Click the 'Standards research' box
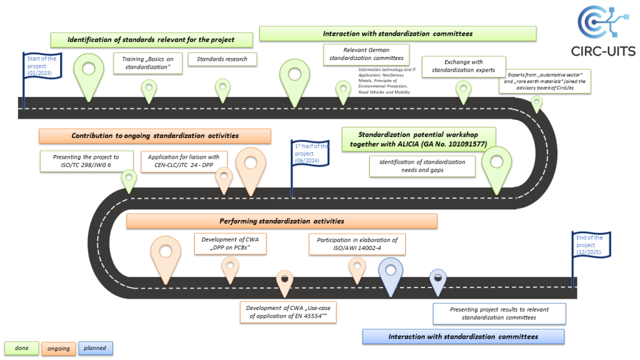222,59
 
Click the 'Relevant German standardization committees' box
366,54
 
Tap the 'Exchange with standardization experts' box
463,66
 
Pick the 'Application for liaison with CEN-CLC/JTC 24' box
184,161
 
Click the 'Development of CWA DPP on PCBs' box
231,244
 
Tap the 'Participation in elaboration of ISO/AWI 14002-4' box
357,244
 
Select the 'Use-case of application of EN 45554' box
288,312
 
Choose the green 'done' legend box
22,348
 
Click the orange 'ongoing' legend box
59,348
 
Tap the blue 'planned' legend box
96,348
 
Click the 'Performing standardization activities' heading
281,221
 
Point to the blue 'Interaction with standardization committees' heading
463,337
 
